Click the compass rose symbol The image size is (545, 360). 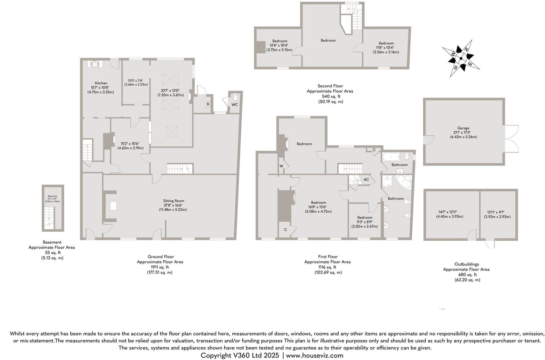point(461,58)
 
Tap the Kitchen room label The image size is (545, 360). point(101,83)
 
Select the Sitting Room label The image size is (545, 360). point(173,201)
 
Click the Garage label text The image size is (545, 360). point(464,128)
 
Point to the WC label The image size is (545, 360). point(235,104)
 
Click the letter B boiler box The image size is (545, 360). point(208,104)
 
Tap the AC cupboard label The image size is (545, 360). point(366,180)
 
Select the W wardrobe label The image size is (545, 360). point(281,166)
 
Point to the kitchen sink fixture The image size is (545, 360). point(95,64)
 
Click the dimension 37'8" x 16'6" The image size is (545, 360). point(173,205)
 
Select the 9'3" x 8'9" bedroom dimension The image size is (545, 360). point(365,222)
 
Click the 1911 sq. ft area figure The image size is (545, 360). point(160,267)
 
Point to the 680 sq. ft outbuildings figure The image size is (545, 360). point(467,275)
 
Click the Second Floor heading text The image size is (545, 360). point(330,86)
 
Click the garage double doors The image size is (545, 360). point(511,138)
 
